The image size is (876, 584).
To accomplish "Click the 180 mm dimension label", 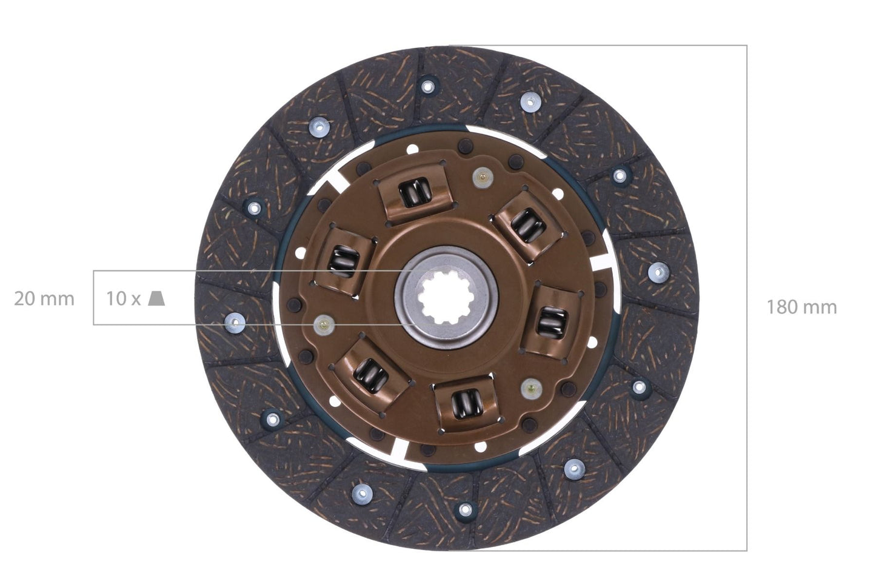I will coord(801,307).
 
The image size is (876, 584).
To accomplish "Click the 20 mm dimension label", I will coord(44,299).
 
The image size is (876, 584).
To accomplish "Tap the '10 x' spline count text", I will coord(123,299).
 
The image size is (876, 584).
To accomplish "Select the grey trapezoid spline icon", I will coord(156,298).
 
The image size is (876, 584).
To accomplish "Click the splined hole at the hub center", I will coord(446,298).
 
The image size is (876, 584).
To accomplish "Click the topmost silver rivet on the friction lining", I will coord(429,86).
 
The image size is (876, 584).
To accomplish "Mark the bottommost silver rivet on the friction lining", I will coord(465,509).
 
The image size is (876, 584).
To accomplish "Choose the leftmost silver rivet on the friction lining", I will coord(234,322).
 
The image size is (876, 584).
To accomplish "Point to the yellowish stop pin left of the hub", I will coord(324,326).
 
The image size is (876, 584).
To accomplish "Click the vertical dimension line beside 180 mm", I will coord(746,182).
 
